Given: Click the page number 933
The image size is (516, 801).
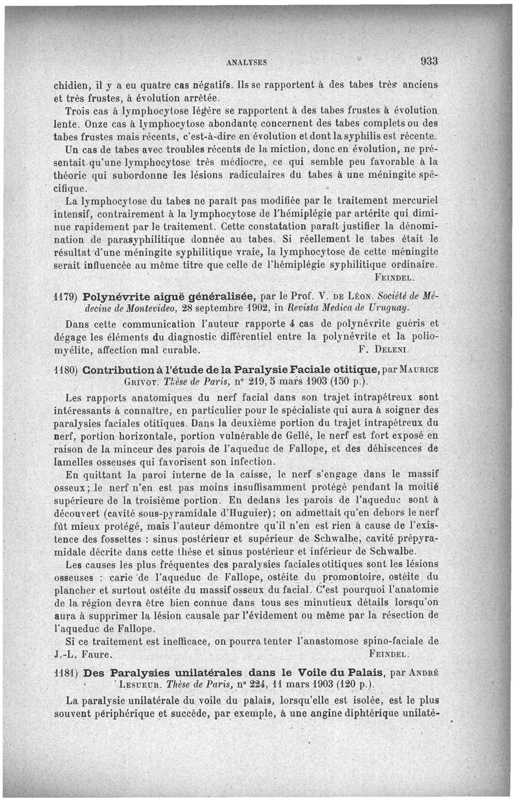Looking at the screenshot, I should coord(429,61).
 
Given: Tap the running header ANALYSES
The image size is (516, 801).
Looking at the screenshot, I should coord(247,63).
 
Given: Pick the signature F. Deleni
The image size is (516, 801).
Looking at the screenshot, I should coord(383,351).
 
